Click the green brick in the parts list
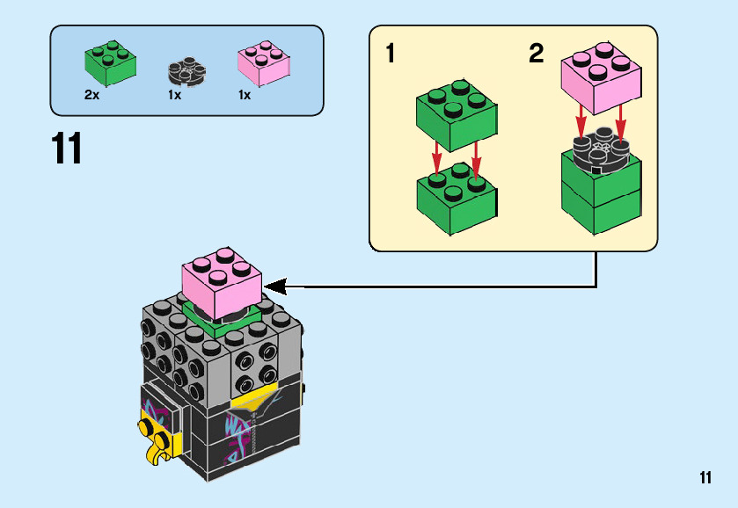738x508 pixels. point(110,62)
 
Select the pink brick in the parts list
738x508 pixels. point(263,62)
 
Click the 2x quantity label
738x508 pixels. point(91,95)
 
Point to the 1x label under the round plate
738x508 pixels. point(174,95)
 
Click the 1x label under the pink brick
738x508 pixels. point(244,95)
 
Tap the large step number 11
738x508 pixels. point(67,149)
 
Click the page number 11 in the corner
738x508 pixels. point(705,478)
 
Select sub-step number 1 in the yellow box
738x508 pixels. point(390,54)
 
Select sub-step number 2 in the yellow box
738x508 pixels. point(537,54)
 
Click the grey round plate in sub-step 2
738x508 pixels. point(600,149)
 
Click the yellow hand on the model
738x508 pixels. point(154,436)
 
